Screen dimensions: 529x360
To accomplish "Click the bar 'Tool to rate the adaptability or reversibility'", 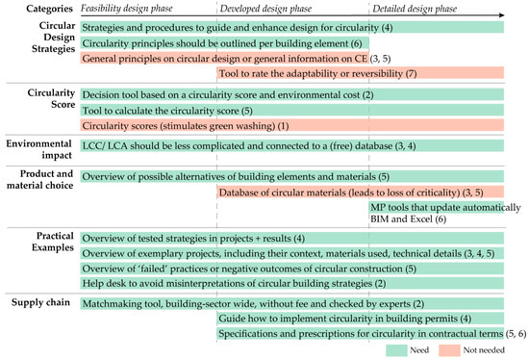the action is click(360, 73).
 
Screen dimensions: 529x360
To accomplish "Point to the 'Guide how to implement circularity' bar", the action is click(360, 318).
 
